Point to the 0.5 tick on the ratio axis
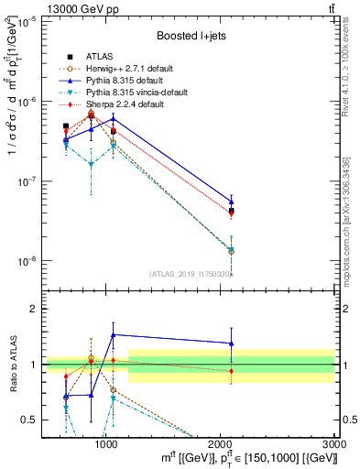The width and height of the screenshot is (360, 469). coord(28,420)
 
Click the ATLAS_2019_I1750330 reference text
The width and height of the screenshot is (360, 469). coord(189,274)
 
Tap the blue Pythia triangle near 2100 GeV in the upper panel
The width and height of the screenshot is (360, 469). coord(232,202)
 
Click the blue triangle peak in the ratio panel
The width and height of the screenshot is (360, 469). coord(113,335)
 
